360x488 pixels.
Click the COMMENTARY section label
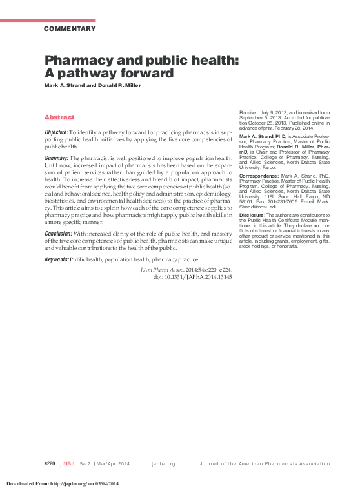point(70,28)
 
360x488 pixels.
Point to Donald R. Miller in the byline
point(121,86)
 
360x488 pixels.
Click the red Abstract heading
point(59,117)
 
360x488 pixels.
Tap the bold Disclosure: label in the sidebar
point(255,215)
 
